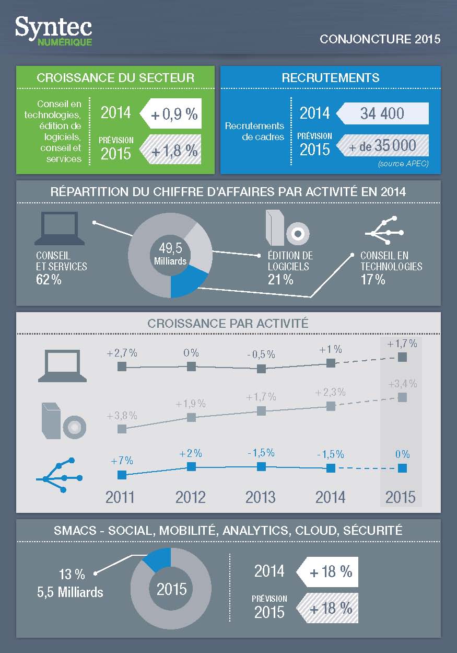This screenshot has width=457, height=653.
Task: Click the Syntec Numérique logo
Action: point(53,31)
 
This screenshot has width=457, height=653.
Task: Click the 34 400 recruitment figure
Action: point(382,113)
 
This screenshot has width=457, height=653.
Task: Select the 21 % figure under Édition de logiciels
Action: point(281,280)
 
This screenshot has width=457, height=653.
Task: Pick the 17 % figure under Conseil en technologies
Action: point(373,280)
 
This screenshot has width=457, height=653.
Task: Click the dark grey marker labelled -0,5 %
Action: point(262,368)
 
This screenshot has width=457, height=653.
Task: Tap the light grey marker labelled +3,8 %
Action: point(122,429)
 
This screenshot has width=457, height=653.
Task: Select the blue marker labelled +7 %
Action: point(122,475)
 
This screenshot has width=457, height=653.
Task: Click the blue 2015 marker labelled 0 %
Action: point(402,468)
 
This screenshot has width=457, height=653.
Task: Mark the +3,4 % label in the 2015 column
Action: point(403,384)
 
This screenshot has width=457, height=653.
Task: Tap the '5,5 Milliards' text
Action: point(70,592)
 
